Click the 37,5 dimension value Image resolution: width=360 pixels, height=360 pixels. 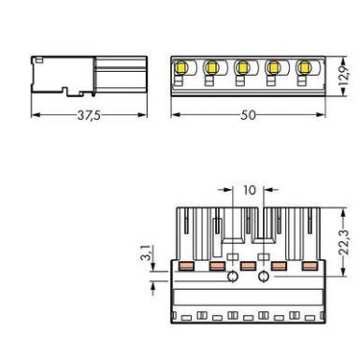89,115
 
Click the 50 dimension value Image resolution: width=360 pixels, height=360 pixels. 248,115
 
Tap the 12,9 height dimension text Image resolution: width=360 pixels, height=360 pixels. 344,77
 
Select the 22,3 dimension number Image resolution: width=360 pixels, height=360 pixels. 344,242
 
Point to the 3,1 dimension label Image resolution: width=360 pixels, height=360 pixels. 149,252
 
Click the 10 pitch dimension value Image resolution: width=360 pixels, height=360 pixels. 249,190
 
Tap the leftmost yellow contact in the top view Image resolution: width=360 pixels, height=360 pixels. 180,66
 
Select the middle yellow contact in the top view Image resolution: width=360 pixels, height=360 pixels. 242,66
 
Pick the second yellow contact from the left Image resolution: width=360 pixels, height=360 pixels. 211,66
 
